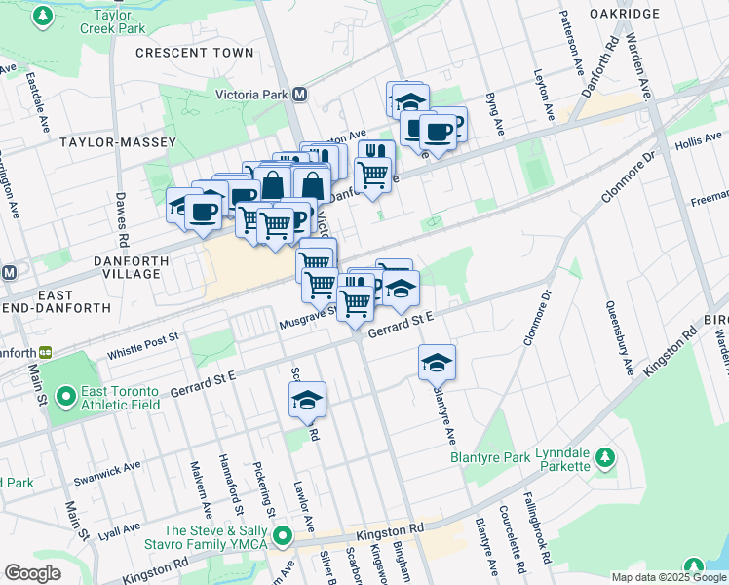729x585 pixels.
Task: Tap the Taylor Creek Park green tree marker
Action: click(43, 17)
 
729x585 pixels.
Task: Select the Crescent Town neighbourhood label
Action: click(195, 53)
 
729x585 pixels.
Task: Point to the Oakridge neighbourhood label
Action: click(625, 14)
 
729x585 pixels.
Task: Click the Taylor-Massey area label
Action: click(118, 142)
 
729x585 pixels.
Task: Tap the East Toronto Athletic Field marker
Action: click(66, 397)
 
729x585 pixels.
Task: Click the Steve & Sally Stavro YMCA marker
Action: click(283, 535)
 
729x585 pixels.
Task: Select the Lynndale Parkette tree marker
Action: click(604, 456)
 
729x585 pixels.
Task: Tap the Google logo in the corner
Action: click(32, 573)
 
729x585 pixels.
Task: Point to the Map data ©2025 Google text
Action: click(668, 577)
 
